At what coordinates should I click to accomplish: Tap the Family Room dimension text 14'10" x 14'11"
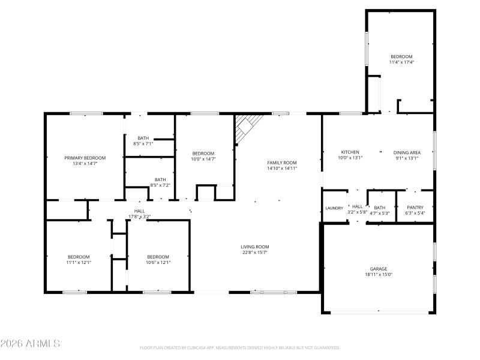click(x=282, y=169)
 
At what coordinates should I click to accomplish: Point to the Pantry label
click(x=415, y=207)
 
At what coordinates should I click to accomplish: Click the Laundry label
click(x=334, y=208)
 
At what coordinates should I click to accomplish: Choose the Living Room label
click(x=255, y=247)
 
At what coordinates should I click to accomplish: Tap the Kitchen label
click(x=350, y=152)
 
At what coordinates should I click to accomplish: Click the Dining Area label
click(x=407, y=152)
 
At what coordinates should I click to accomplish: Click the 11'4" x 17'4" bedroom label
click(x=402, y=56)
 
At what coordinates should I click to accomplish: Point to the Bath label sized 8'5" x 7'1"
click(x=143, y=138)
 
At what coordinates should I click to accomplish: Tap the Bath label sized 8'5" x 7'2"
click(x=160, y=179)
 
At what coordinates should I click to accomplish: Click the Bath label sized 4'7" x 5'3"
click(x=380, y=207)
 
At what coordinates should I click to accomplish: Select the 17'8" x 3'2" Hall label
click(x=139, y=211)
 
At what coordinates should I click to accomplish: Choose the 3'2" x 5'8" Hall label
click(x=358, y=207)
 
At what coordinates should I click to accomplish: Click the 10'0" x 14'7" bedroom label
click(x=203, y=154)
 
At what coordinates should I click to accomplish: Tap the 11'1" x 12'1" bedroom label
click(x=79, y=257)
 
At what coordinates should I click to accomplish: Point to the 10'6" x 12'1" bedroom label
click(x=158, y=257)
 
